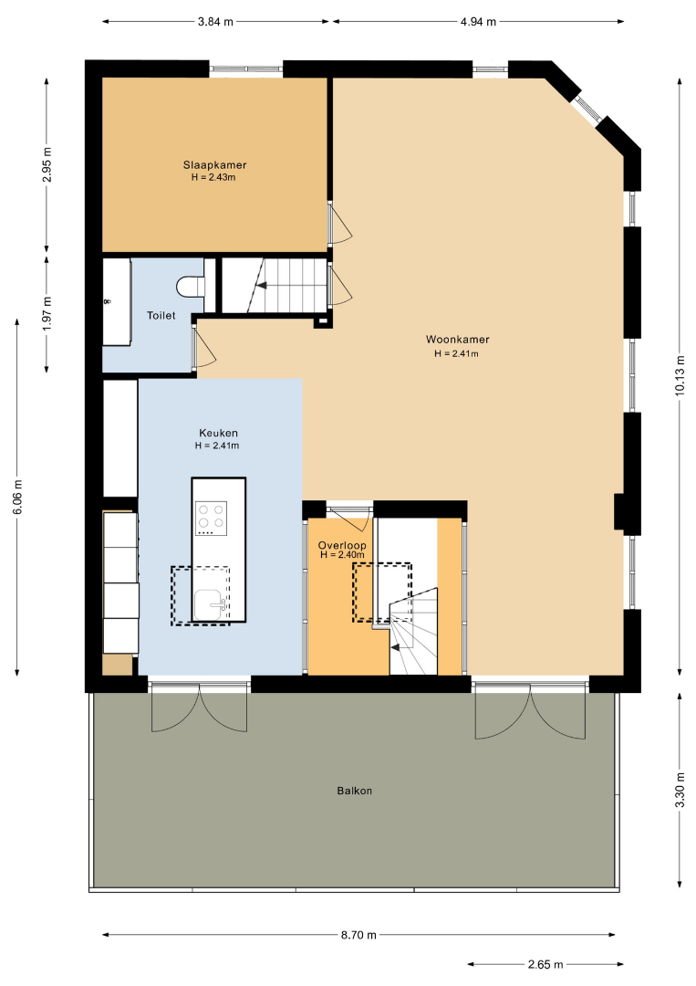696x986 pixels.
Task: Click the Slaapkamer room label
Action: point(215,164)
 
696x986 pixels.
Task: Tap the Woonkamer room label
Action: point(457,340)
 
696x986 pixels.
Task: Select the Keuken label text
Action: point(218,433)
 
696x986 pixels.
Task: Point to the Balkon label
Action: point(354,791)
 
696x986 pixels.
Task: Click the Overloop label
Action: point(342,545)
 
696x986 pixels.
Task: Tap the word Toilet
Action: point(161,315)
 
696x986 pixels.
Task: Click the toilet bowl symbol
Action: point(191,286)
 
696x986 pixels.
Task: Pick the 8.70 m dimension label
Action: point(358,935)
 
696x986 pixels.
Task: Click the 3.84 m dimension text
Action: point(215,22)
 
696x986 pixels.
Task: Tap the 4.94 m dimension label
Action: point(478,22)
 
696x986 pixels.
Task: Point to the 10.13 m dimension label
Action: point(680,375)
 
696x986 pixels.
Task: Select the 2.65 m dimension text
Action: point(545,964)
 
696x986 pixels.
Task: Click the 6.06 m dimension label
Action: point(17,497)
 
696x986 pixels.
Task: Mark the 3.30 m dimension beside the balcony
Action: point(680,791)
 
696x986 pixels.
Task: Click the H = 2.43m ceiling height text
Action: point(213,177)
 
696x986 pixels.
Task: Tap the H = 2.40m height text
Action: point(342,555)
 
